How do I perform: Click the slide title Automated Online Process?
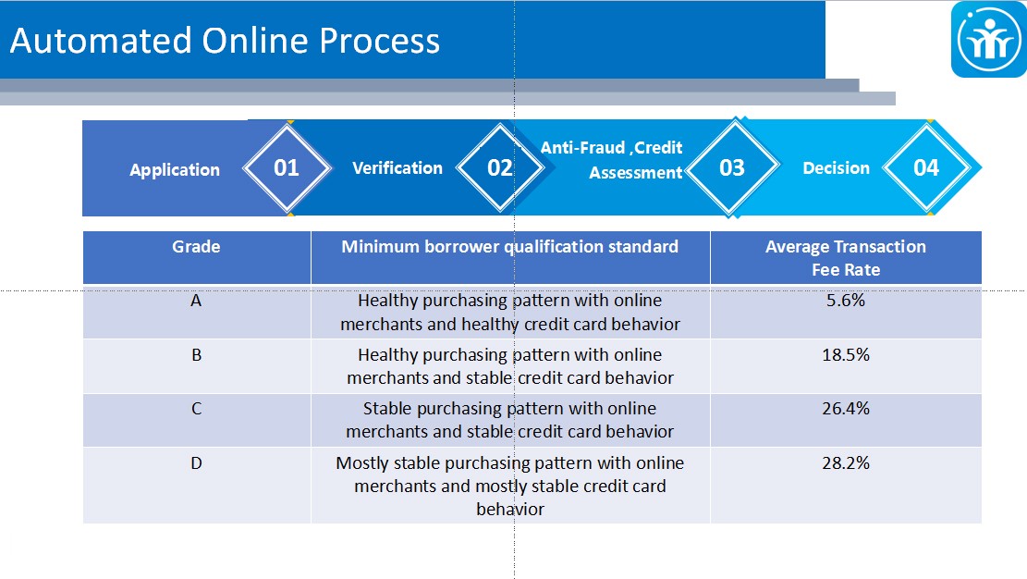(x=225, y=41)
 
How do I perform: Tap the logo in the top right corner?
(x=988, y=40)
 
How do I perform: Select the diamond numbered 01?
(x=287, y=167)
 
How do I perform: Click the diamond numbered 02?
(x=500, y=167)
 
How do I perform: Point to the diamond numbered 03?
(x=732, y=167)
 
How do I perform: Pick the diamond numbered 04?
(x=926, y=167)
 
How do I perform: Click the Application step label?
(x=175, y=170)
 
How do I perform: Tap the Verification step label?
(x=397, y=167)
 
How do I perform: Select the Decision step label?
(x=837, y=167)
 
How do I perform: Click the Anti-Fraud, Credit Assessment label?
(x=612, y=160)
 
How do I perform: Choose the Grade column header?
(x=197, y=247)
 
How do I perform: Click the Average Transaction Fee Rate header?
(x=846, y=258)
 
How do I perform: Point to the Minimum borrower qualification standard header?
(x=509, y=247)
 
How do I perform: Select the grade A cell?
(x=196, y=301)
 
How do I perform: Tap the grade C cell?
(x=197, y=409)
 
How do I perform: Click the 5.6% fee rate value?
(x=846, y=301)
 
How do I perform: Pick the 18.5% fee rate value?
(x=846, y=355)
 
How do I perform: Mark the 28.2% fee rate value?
(x=846, y=463)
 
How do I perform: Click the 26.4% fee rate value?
(x=846, y=409)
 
